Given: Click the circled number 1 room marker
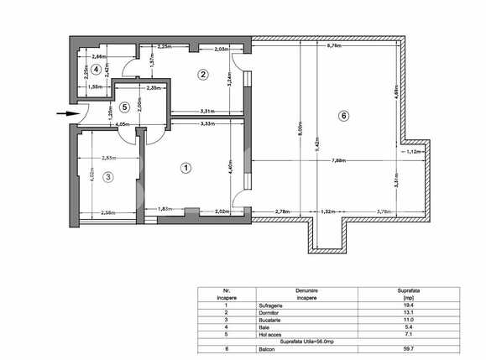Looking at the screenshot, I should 186,168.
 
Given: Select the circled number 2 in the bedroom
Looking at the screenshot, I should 202,75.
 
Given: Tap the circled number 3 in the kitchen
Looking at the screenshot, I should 108,176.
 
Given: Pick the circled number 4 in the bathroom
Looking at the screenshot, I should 97,69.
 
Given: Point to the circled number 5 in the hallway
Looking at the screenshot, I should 124,107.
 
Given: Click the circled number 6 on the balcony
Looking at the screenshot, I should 343,117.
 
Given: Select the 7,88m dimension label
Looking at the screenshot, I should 341,160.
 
